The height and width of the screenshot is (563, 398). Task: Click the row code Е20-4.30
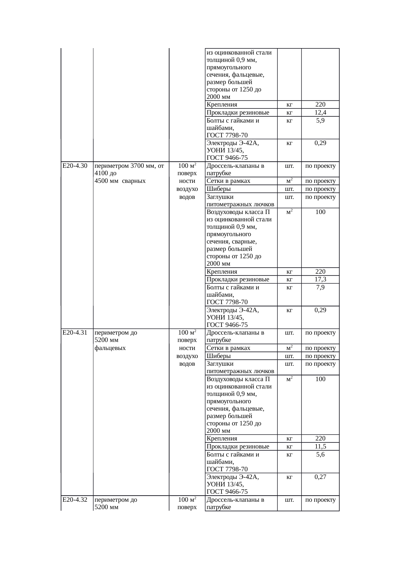coord(75,166)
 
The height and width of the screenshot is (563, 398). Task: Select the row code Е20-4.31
coord(75,333)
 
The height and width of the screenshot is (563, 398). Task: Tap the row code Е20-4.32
coord(75,500)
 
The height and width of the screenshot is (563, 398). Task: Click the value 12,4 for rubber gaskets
coord(320,112)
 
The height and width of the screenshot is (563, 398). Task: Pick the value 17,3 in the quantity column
coord(320,279)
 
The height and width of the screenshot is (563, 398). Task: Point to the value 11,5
coord(320,447)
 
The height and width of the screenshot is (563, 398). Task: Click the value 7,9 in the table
coord(320,287)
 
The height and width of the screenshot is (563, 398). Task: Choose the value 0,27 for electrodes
coord(320,477)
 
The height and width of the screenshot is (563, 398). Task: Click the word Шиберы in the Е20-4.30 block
coord(219,189)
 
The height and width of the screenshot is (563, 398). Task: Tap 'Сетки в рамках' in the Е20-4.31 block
coord(228,348)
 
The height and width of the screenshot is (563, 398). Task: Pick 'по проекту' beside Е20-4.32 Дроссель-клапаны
coord(320,500)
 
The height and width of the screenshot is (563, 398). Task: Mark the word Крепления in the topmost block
coord(222,104)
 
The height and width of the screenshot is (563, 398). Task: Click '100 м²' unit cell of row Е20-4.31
coord(187,333)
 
